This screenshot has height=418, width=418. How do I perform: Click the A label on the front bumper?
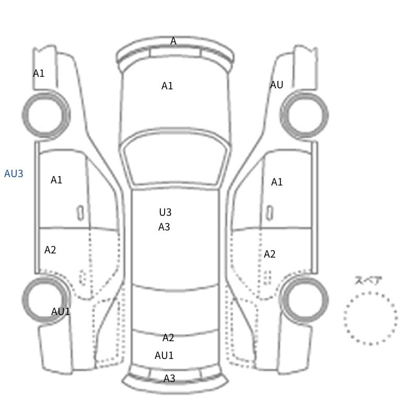click(173, 41)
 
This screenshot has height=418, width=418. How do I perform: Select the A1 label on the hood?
click(167, 86)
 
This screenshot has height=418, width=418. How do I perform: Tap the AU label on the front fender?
click(276, 85)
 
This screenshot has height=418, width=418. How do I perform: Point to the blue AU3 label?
click(14, 173)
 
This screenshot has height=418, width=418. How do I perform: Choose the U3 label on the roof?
click(165, 212)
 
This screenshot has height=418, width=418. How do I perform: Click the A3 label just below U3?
click(164, 227)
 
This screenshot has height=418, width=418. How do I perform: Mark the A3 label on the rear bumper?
click(169, 378)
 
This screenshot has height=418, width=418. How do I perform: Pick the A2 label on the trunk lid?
click(168, 338)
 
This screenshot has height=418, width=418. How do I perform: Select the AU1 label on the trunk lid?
click(164, 355)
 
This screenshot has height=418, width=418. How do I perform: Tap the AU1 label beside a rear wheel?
click(61, 311)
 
